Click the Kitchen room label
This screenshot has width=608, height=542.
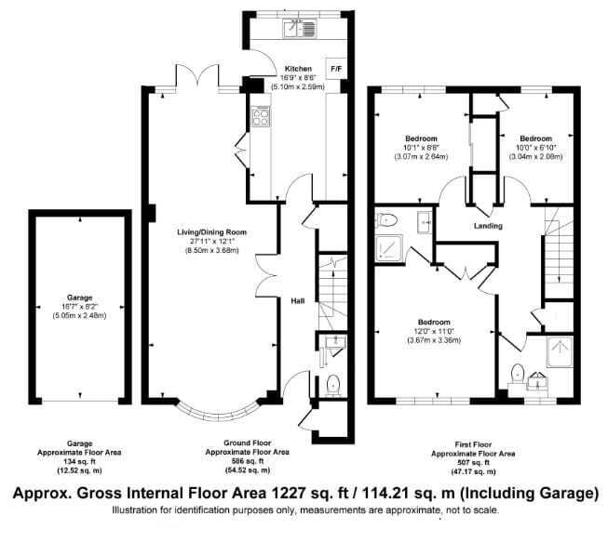(298, 69)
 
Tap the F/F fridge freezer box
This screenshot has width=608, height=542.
(336, 69)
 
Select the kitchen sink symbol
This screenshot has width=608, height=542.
(300, 29)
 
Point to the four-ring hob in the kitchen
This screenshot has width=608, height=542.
(261, 117)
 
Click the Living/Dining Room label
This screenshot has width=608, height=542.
(211, 232)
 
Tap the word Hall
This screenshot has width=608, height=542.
(298, 301)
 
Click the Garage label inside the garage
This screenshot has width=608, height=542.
(79, 297)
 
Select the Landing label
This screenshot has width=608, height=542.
(488, 226)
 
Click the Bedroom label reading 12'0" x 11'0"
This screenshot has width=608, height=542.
(434, 322)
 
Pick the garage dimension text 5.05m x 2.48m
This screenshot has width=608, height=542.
(79, 315)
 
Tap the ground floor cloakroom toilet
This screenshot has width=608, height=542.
(333, 385)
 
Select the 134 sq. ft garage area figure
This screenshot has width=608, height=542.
(79, 461)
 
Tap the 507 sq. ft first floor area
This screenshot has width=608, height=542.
(473, 463)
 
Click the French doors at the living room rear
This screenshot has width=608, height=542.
(197, 76)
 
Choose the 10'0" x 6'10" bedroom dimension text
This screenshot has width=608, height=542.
(536, 148)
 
